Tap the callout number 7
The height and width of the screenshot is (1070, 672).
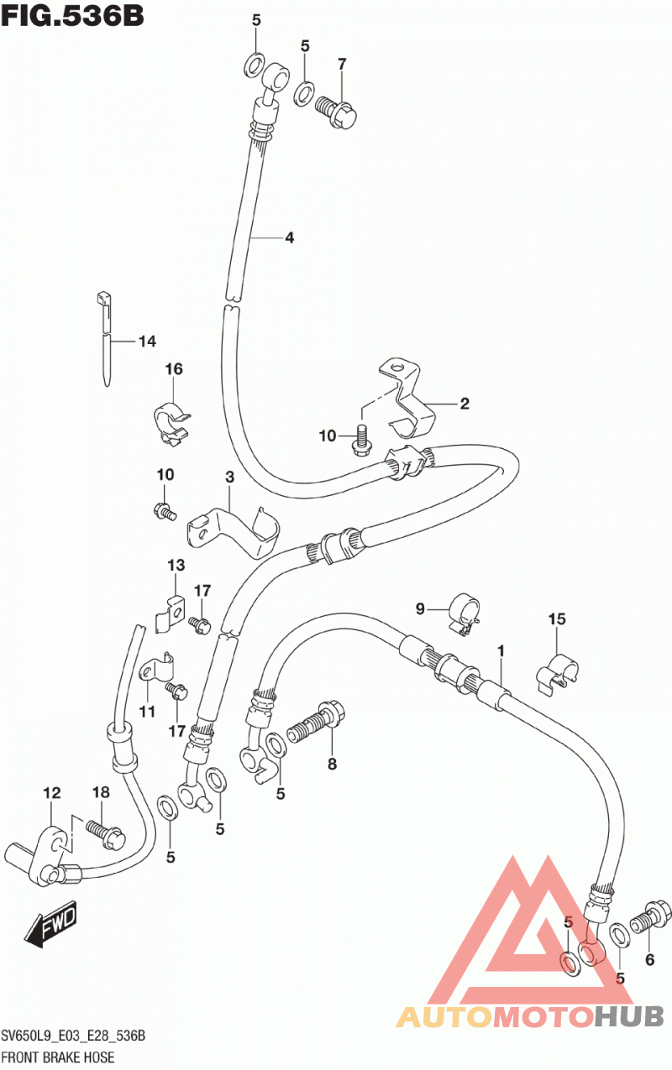[342, 64]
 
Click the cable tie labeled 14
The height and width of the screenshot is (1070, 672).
[106, 338]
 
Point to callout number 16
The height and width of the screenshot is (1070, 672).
[174, 368]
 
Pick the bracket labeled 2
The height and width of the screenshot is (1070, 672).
[407, 399]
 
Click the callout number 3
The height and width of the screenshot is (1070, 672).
[229, 477]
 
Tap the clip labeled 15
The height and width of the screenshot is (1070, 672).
[557, 673]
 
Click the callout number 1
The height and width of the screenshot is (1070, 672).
[501, 650]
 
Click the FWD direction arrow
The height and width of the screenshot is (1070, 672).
[50, 922]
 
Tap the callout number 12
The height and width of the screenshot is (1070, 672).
[52, 793]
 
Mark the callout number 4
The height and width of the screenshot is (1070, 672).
[289, 237]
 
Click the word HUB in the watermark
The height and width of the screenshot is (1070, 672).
[629, 1015]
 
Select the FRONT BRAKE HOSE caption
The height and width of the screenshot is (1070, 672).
[58, 1057]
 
